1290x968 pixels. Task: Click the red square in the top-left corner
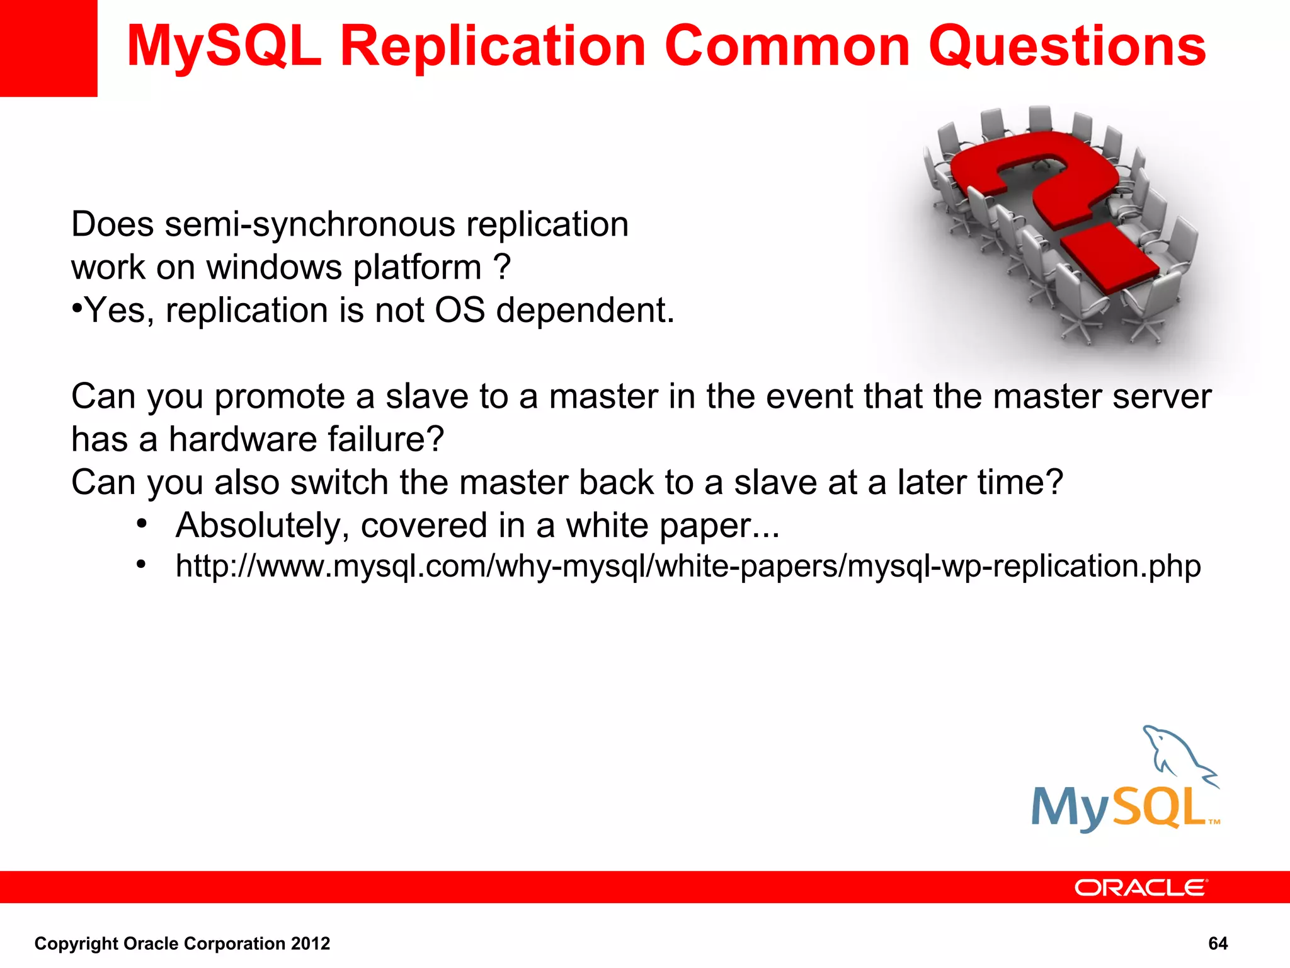(x=48, y=48)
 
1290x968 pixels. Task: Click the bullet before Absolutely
(x=142, y=524)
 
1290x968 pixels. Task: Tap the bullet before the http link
(x=142, y=565)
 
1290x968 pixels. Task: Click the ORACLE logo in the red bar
(x=1140, y=888)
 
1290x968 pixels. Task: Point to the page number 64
(x=1218, y=943)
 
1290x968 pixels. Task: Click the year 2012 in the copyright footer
(x=311, y=943)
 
